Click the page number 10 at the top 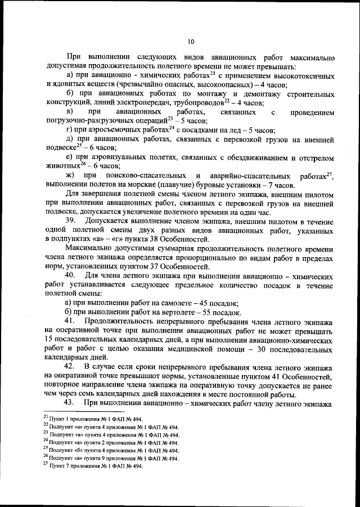coord(191,41)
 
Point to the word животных coord(62,166)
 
